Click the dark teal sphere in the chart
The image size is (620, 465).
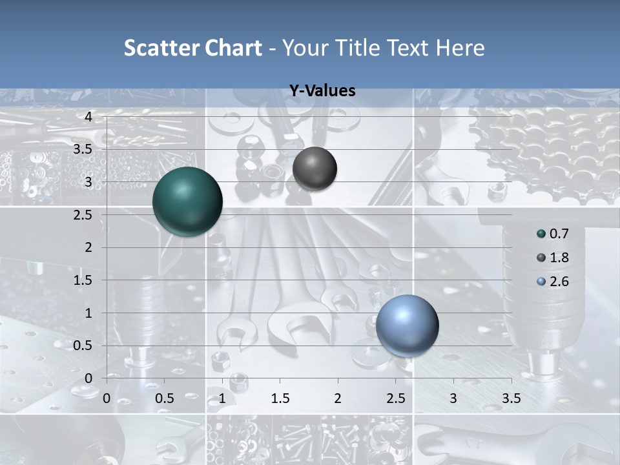pyautogui.click(x=187, y=201)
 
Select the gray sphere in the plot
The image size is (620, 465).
pyautogui.click(x=315, y=169)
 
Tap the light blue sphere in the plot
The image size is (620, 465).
pyautogui.click(x=407, y=325)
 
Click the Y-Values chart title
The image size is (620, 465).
pyautogui.click(x=322, y=91)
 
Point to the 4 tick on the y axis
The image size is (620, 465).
pyautogui.click(x=88, y=116)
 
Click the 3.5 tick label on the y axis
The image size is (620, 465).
pyautogui.click(x=83, y=149)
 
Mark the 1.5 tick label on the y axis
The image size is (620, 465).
pyautogui.click(x=83, y=280)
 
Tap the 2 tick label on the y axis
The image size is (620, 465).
pyautogui.click(x=88, y=247)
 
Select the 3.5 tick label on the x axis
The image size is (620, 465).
pyautogui.click(x=511, y=398)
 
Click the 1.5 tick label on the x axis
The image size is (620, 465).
pyautogui.click(x=280, y=398)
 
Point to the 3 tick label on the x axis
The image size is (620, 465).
pyautogui.click(x=453, y=398)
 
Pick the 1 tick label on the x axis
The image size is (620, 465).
pyautogui.click(x=222, y=398)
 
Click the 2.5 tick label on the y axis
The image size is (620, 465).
pyautogui.click(x=83, y=214)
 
